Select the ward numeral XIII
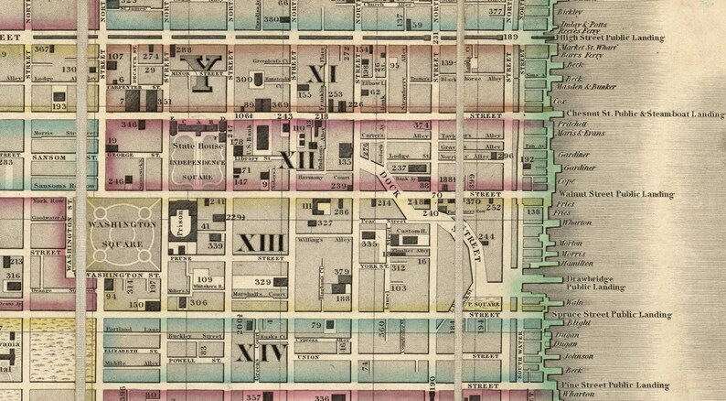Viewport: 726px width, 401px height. click(261, 244)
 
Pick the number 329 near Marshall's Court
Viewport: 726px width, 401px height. click(262, 282)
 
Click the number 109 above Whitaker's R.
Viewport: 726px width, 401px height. click(205, 279)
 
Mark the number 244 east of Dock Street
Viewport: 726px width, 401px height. click(486, 237)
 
